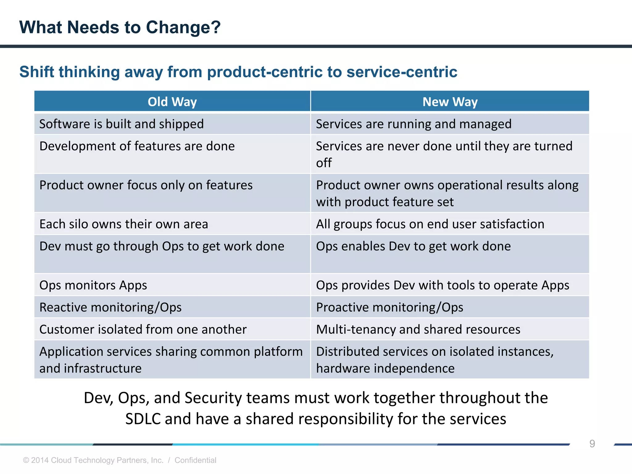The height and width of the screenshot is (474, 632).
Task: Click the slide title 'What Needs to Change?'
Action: tap(120, 27)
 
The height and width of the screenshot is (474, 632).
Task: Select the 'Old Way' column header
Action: tap(172, 102)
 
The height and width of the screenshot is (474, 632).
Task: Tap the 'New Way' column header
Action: tap(450, 102)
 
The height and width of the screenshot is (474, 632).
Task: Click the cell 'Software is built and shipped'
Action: tap(122, 124)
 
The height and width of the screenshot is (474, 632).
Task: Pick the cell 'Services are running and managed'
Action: tap(414, 124)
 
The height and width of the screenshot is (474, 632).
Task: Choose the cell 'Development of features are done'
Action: tap(137, 146)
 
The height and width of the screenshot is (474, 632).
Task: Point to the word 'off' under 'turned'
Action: tap(323, 163)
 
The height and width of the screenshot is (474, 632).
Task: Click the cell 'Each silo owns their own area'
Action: tap(124, 224)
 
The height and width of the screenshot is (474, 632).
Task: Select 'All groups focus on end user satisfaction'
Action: tap(430, 224)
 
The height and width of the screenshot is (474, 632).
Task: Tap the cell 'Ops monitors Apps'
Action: tap(93, 285)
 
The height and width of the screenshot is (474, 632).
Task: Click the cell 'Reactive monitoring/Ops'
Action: tap(110, 307)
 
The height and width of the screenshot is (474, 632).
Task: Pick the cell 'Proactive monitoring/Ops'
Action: tap(389, 307)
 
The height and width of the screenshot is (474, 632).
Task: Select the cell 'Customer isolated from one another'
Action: tap(143, 330)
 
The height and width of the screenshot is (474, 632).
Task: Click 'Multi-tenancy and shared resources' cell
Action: tap(418, 330)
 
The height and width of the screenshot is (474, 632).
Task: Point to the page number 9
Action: tap(592, 443)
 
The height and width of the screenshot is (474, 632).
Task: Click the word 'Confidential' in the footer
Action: tap(195, 460)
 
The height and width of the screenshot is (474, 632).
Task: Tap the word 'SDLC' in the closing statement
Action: tap(143, 419)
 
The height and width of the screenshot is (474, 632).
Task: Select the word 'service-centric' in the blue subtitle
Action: tap(402, 72)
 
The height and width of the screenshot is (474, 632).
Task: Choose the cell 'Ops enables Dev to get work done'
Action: tap(413, 246)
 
